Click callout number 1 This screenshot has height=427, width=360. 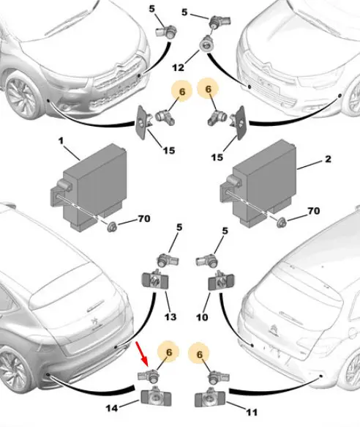click(61, 141)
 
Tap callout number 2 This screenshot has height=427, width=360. click(328, 158)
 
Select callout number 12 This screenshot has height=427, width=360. click(179, 67)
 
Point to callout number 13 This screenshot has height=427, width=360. click(170, 316)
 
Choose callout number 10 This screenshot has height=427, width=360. click(202, 317)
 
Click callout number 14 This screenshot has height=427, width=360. click(111, 408)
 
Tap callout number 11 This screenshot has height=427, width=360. click(252, 412)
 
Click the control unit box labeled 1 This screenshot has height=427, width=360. click(89, 187)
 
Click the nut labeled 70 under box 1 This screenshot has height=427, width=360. click(112, 226)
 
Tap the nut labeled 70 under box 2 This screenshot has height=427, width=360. click(282, 223)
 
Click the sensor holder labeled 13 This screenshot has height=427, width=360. click(155, 280)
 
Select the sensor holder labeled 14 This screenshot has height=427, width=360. click(156, 397)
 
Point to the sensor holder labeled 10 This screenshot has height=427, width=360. click(222, 281)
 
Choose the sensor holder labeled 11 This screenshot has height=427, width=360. click(210, 397)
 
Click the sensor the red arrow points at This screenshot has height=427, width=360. click(149, 375)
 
